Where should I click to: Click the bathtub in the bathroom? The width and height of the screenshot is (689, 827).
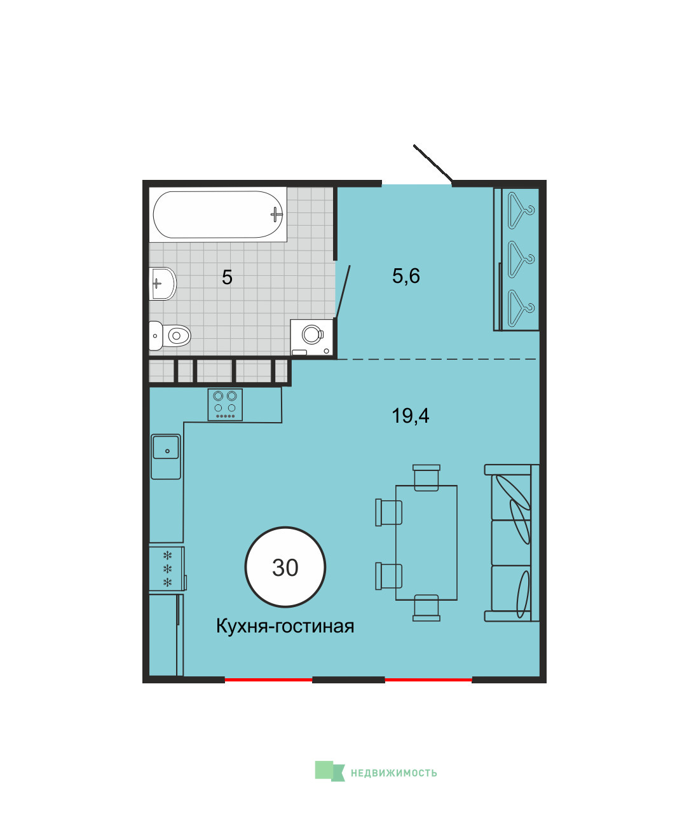[218, 214]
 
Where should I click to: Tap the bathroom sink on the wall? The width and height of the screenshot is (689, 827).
[162, 284]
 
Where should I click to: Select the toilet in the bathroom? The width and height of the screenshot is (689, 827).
[170, 336]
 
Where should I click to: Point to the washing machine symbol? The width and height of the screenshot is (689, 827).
[311, 337]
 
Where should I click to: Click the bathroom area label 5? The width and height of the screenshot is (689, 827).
[227, 277]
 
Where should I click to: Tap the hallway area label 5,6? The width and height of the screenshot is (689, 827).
[406, 276]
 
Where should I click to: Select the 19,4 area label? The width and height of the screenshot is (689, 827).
[410, 416]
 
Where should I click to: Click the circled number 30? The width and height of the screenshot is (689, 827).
[285, 567]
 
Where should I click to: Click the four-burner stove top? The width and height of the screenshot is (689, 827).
[225, 404]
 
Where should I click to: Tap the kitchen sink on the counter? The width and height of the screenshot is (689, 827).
[166, 456]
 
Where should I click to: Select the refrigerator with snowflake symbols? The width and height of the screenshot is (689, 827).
[167, 569]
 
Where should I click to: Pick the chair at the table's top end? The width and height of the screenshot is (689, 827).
[426, 477]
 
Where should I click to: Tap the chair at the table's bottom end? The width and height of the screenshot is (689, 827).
[426, 608]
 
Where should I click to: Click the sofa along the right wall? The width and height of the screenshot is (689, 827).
[512, 543]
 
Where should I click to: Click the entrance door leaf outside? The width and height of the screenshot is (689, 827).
[433, 163]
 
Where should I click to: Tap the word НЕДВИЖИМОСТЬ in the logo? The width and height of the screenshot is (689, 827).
[393, 773]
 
